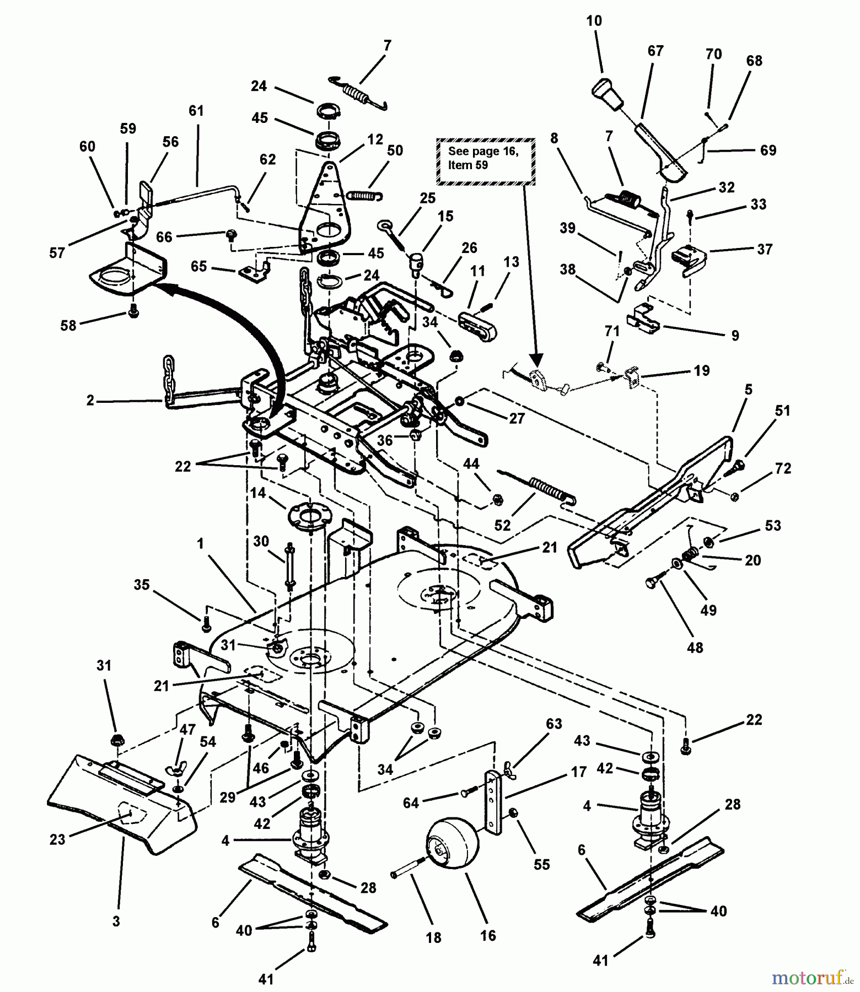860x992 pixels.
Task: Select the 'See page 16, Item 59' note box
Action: point(485,159)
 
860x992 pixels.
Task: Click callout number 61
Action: point(196,111)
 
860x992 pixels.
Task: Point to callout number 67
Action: point(655,51)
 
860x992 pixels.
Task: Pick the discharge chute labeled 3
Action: point(121,805)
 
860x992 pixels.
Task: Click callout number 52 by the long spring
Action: point(502,525)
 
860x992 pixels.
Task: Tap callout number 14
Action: point(257,493)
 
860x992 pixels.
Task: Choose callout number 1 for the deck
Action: point(200,543)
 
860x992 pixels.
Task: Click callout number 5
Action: point(748,390)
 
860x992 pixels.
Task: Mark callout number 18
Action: point(434,937)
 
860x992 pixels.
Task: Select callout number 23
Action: point(57,839)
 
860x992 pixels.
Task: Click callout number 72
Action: point(783,468)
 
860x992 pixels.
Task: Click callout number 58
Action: point(68,325)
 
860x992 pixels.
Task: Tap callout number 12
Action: point(375,139)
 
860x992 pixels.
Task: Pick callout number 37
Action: point(765,249)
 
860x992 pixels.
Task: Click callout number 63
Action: point(553,723)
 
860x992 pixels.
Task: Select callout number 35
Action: point(142,585)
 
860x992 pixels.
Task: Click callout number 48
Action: point(695,648)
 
